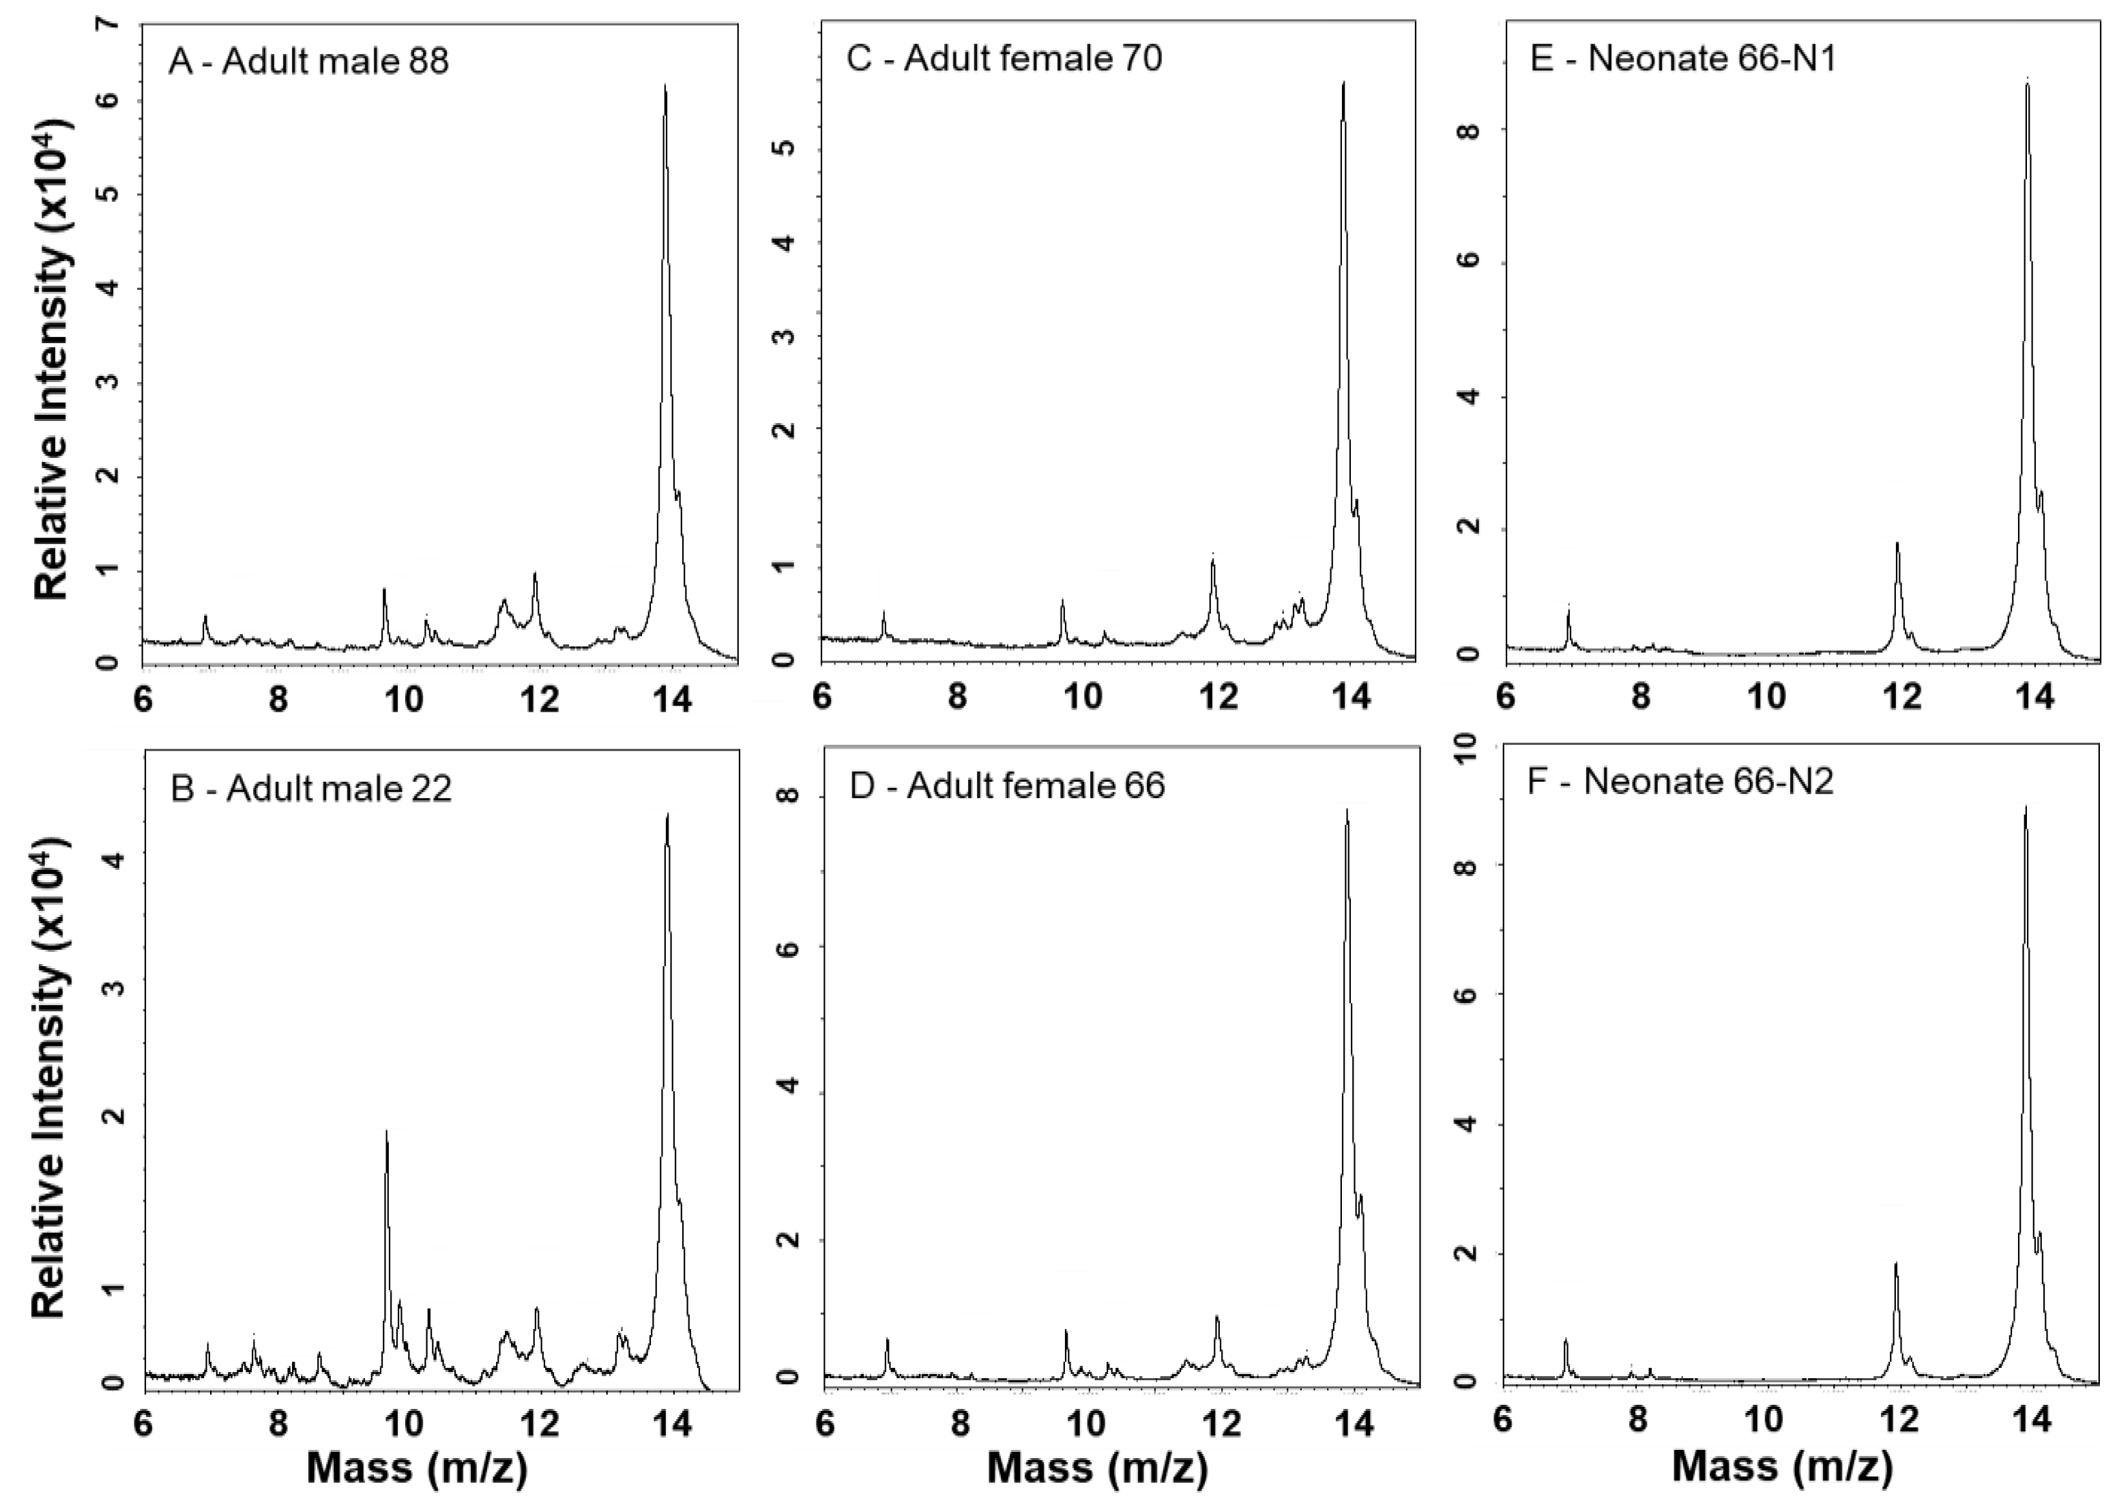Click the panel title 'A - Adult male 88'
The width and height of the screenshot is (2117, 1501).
pos(308,61)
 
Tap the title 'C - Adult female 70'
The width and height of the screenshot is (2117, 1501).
pos(1004,58)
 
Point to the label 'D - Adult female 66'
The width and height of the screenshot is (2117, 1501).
pos(1006,785)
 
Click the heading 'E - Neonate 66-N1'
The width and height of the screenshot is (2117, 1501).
pos(1682,58)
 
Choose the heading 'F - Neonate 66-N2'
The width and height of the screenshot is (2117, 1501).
pos(1680,782)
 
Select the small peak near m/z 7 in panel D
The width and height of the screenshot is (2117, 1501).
pos(887,1340)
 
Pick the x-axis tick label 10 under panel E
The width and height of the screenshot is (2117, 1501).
pos(1768,695)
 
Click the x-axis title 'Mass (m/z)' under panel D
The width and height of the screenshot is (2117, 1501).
pos(1097,1468)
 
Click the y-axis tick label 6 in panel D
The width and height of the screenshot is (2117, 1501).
pos(787,949)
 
